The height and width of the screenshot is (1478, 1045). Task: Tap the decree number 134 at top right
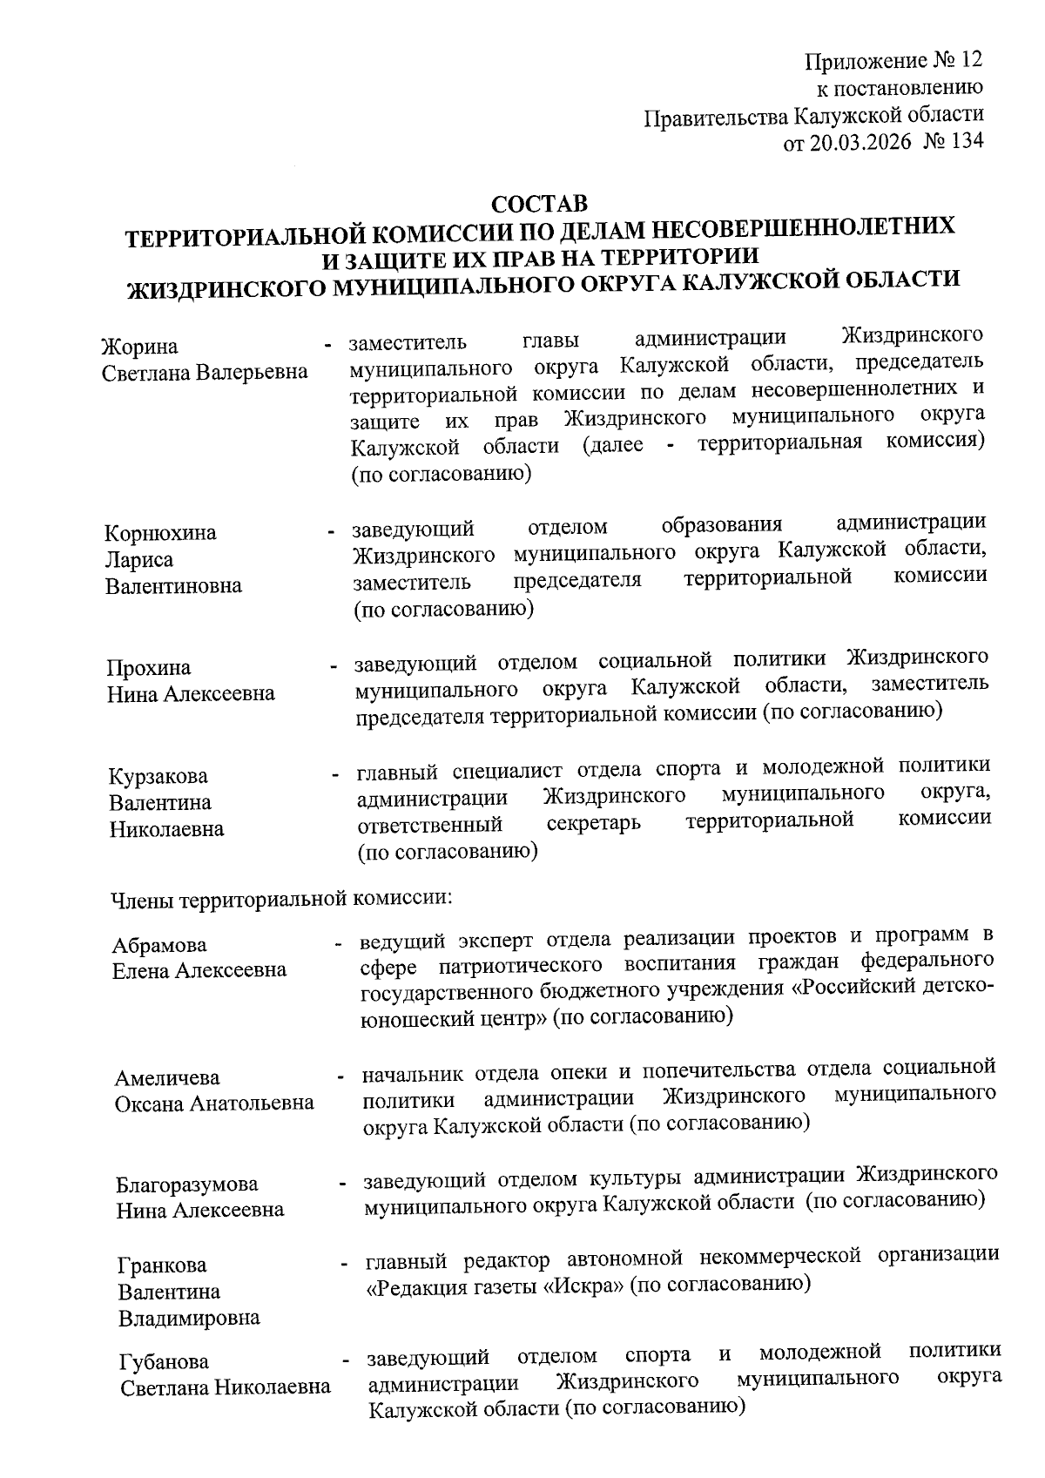pos(967,142)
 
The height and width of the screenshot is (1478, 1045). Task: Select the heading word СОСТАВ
pos(540,206)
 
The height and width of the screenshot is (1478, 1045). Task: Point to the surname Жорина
pos(139,347)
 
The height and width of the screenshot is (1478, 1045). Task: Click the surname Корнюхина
pos(160,533)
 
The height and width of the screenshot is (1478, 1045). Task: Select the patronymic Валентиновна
pos(173,586)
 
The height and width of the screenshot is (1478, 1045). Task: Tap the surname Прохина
pos(149,668)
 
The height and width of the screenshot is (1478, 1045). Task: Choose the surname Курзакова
pos(158,776)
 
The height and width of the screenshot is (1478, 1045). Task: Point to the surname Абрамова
pos(159,946)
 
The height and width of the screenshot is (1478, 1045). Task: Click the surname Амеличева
pos(167,1078)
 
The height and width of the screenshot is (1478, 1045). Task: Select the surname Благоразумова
pos(187,1184)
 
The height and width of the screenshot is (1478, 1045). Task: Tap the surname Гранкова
pos(163,1265)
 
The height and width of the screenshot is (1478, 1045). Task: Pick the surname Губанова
pos(165,1361)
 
